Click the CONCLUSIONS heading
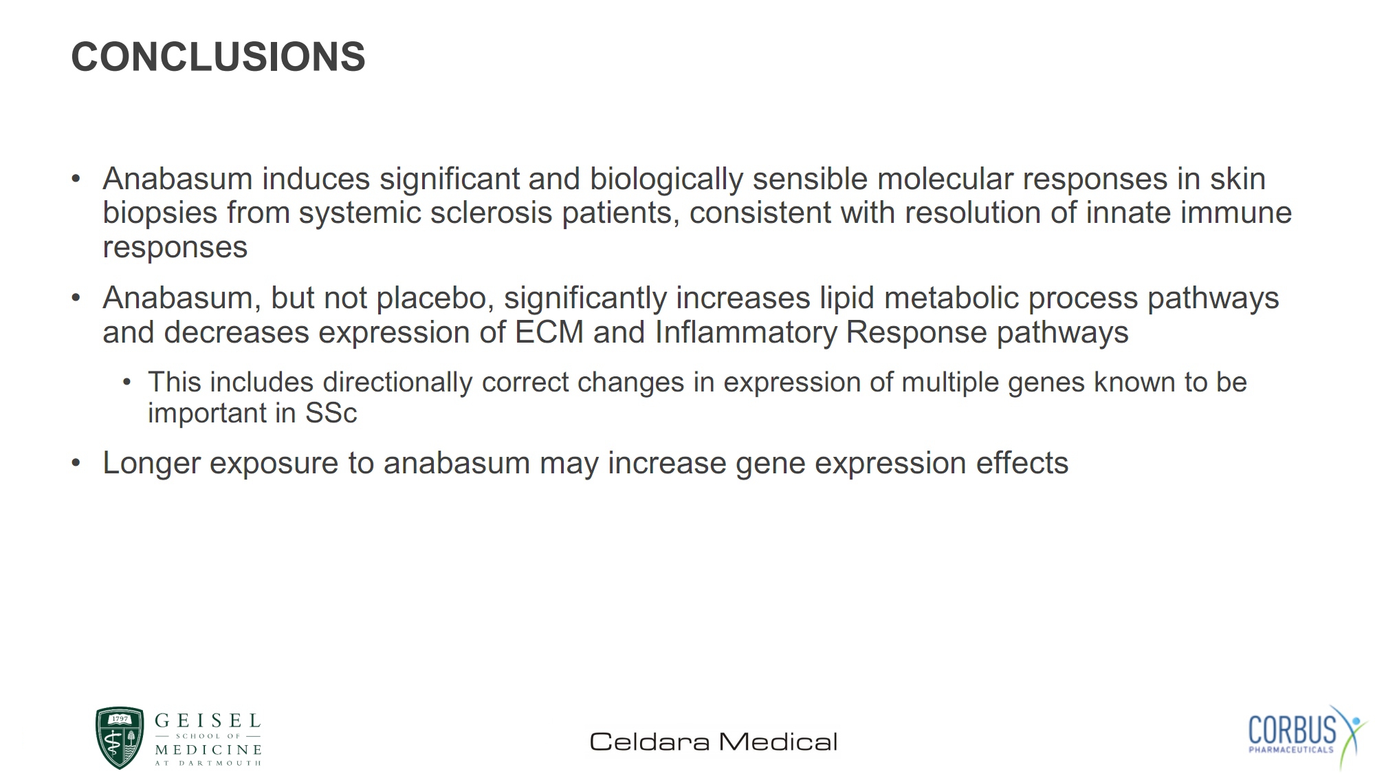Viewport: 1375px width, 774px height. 218,56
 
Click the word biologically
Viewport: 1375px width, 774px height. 666,180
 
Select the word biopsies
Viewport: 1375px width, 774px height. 160,213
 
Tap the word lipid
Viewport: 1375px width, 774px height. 847,299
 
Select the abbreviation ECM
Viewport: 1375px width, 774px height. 549,332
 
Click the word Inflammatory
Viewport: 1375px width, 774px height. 746,334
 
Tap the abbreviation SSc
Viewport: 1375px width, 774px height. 331,413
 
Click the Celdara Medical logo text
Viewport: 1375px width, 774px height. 714,742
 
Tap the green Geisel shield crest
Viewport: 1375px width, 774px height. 120,738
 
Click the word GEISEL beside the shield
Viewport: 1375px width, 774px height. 208,721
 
